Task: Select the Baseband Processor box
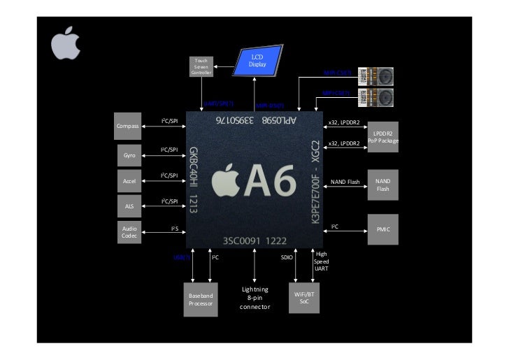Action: pos(200,300)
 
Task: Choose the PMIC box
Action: pos(382,229)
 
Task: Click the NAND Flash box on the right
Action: pos(382,185)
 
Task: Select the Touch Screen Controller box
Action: pos(201,67)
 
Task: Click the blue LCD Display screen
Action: pos(258,61)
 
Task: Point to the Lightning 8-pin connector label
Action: pos(254,298)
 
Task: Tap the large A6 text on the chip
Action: pos(255,183)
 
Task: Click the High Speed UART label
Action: pos(321,261)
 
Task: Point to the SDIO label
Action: pos(287,257)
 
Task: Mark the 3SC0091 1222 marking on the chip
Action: pos(254,240)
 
